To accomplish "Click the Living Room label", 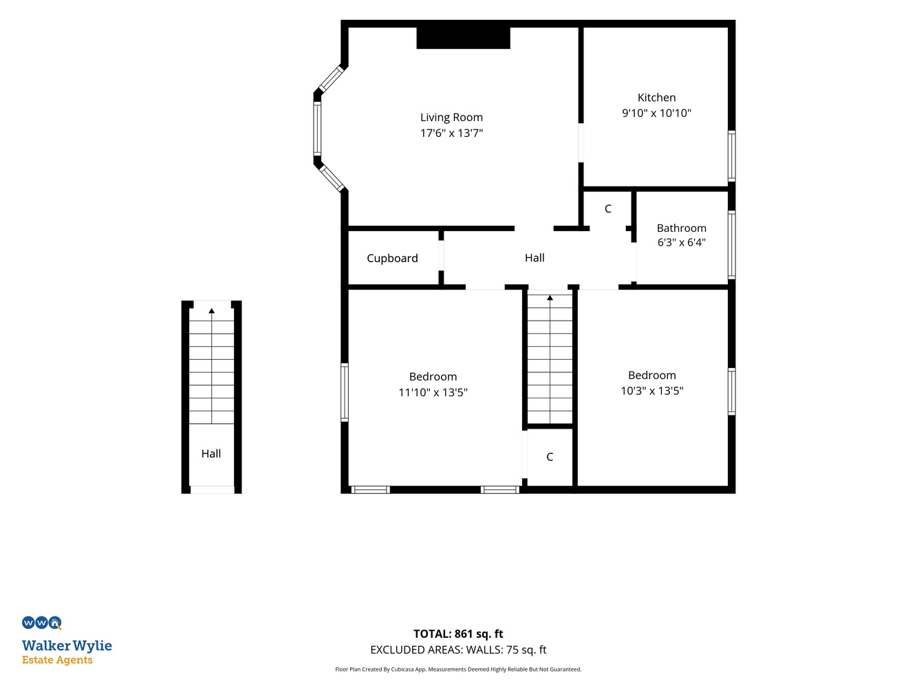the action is click(x=451, y=118).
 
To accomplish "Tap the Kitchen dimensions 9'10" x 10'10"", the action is click(x=656, y=114).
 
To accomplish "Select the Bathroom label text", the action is click(x=681, y=228).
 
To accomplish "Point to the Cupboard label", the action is click(x=392, y=258).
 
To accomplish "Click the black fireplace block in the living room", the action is click(x=463, y=38).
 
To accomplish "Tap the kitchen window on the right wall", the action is click(x=731, y=155).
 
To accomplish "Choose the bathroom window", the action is click(x=731, y=245).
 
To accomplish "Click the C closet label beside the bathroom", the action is click(x=608, y=209).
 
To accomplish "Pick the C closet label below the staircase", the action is click(x=550, y=457).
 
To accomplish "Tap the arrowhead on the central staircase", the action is click(x=550, y=298).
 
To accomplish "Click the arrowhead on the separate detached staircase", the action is click(x=211, y=311).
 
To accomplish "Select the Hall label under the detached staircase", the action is click(x=211, y=453).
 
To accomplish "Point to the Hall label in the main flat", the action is click(x=535, y=258).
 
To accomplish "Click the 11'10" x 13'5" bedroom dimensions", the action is click(x=433, y=393).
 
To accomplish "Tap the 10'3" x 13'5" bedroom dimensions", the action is click(x=651, y=391).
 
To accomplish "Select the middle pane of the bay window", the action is click(x=317, y=129).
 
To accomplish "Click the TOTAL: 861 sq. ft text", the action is click(x=458, y=634).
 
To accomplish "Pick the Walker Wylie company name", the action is click(x=67, y=646).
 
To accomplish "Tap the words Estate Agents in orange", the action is click(x=57, y=660).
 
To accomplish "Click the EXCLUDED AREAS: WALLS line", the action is click(x=458, y=650).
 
